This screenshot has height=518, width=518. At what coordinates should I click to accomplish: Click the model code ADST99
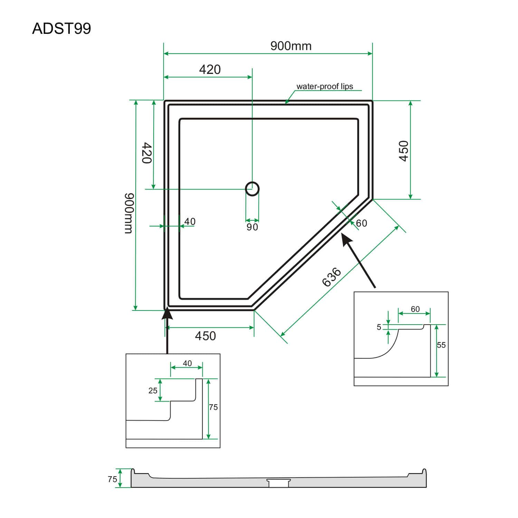(x=61, y=29)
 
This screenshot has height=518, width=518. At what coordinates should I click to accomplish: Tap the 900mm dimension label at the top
(x=291, y=46)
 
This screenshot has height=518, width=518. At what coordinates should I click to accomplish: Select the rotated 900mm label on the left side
(x=128, y=213)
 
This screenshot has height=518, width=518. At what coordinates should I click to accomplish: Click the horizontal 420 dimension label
(x=210, y=69)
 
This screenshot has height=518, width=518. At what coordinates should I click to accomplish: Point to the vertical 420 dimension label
(x=147, y=153)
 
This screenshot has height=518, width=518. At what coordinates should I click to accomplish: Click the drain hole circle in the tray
(x=252, y=189)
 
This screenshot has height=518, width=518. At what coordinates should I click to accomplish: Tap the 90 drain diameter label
(x=252, y=227)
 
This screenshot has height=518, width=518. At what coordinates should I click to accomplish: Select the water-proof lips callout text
(x=325, y=86)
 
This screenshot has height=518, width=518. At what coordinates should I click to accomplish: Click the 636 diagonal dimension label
(x=332, y=277)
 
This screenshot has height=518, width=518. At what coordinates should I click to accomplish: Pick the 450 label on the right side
(x=403, y=151)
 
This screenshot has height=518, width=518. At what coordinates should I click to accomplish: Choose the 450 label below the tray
(x=205, y=336)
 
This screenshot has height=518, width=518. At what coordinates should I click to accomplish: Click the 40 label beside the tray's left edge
(x=190, y=221)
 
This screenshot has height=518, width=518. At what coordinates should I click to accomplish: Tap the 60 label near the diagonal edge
(x=361, y=223)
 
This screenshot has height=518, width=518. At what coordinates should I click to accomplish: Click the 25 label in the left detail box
(x=153, y=391)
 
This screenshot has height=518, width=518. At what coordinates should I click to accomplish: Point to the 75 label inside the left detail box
(x=213, y=407)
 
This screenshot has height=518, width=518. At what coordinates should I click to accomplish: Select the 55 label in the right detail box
(x=441, y=345)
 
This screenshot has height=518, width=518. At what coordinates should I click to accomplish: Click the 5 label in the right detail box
(x=379, y=327)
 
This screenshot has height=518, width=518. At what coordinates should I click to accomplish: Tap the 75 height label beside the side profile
(x=112, y=479)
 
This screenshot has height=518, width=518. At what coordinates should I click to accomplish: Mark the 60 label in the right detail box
(x=415, y=309)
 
